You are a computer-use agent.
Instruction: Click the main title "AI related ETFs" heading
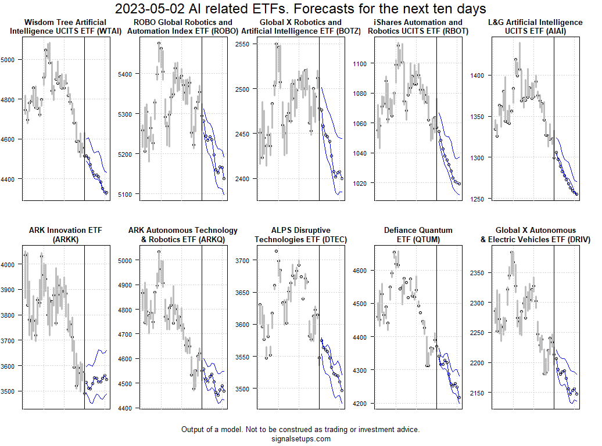coord(300,9)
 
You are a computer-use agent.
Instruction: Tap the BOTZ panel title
coord(300,27)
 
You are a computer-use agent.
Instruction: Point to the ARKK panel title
coord(65,235)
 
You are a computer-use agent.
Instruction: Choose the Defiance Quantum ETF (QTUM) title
coord(417,235)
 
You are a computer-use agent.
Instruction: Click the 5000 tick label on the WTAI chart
coord(12,59)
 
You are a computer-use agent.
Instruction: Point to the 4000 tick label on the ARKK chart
coord(12,264)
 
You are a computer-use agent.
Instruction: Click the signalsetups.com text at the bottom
coord(300,438)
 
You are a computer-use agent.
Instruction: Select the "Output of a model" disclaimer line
coord(300,429)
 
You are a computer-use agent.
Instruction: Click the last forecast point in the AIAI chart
coord(576,195)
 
